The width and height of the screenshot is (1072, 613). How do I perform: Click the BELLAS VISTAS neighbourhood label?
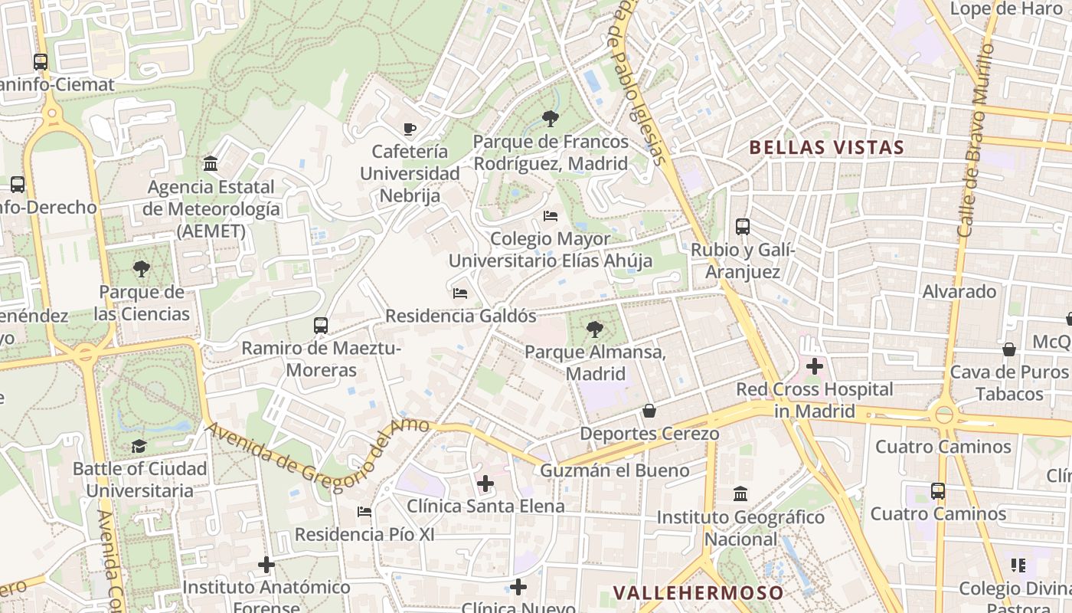point(826,147)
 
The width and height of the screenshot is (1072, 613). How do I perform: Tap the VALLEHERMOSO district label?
point(698,592)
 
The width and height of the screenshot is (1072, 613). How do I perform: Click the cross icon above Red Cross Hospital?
point(814,366)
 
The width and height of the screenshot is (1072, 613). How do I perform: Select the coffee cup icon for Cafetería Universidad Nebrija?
point(410,129)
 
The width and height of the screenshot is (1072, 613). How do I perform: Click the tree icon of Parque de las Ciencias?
point(141,269)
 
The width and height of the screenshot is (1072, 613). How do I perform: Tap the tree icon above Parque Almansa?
point(594,329)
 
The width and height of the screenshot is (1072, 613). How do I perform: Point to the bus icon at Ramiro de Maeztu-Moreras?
point(321,326)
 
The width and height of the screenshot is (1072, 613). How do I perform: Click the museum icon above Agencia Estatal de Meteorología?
point(211,164)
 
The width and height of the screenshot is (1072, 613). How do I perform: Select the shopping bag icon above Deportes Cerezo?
point(649,411)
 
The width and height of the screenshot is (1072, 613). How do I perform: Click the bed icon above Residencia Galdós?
point(460,293)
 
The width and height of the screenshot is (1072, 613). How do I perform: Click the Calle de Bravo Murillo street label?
point(975,138)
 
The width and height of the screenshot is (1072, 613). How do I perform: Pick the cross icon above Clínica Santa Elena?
point(485,484)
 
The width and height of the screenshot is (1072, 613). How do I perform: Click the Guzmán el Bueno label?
point(615,470)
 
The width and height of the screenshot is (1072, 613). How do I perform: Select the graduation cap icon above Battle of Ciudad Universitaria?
point(139,446)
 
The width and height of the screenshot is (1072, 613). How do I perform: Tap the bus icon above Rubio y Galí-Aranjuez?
point(743,227)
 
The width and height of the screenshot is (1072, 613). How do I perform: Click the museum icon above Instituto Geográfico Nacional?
point(740,494)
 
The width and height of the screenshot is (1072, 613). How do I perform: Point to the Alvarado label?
point(959,292)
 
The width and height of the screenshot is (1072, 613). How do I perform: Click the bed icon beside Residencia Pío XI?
point(364,512)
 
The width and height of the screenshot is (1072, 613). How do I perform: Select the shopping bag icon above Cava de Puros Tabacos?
point(1008,349)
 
